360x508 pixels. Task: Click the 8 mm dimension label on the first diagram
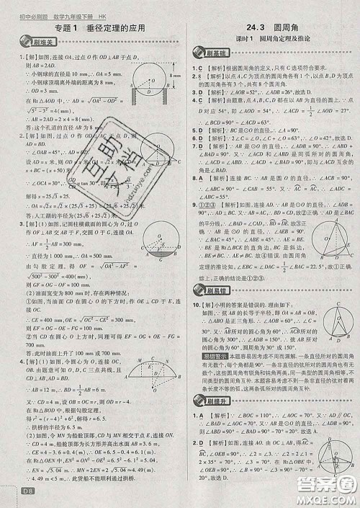[x=172, y=73]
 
